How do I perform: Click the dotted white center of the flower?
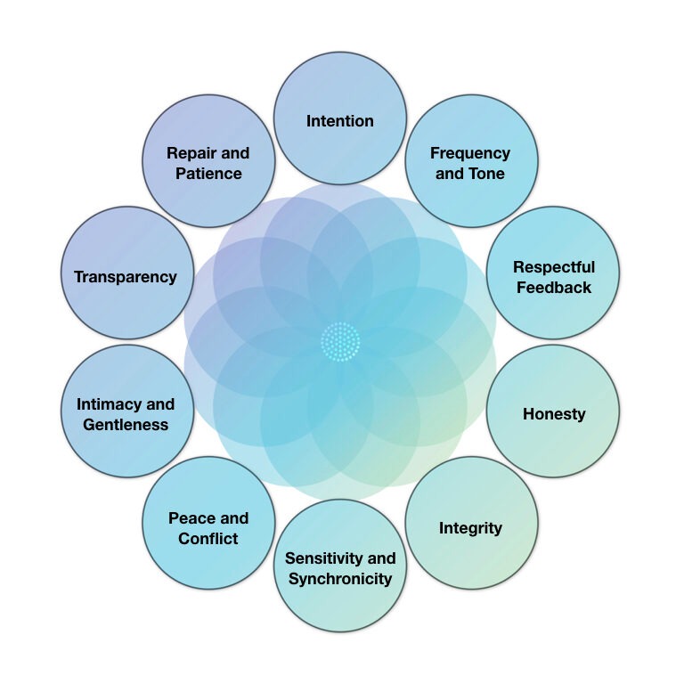(340, 341)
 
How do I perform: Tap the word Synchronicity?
(340, 579)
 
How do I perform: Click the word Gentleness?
(126, 425)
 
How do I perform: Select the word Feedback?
(554, 287)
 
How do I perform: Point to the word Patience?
(208, 174)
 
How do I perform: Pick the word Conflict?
(208, 539)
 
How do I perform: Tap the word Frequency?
(470, 153)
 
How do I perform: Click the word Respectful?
(554, 266)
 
